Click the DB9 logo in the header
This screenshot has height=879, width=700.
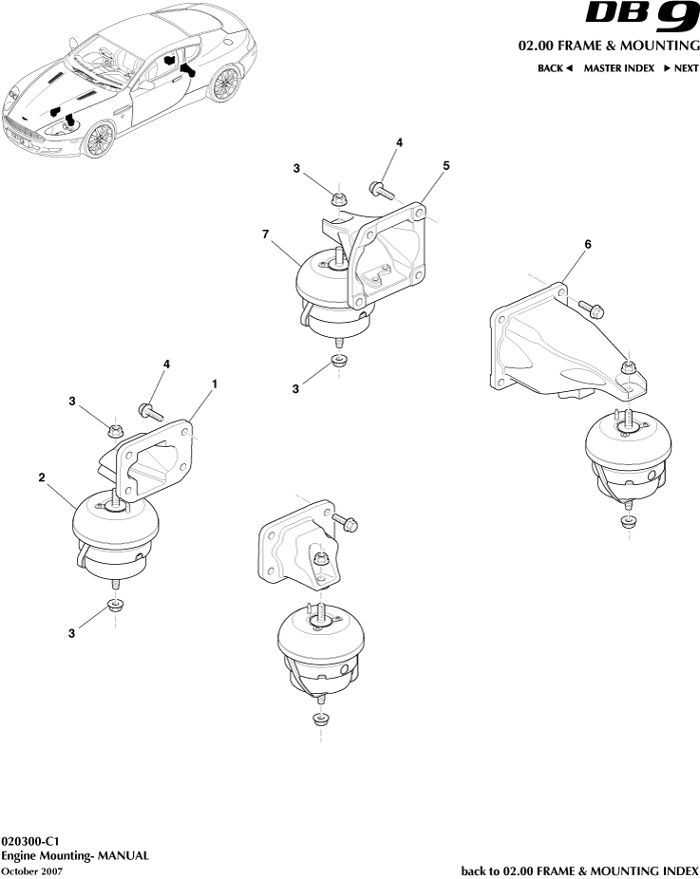pos(642,17)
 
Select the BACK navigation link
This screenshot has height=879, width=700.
pos(555,68)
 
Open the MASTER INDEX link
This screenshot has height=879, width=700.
pos(618,68)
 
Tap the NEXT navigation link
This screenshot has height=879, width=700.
pos(682,68)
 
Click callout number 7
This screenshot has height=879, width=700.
pos(266,234)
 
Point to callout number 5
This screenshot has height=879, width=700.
pos(445,165)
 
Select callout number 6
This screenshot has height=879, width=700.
pos(588,244)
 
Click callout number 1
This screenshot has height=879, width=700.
pos(215,384)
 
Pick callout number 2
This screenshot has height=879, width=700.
pos(42,477)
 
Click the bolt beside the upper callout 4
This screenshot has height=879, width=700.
pos(383,190)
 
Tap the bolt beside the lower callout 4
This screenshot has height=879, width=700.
pos(151,412)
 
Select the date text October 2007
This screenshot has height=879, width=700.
pos(31,870)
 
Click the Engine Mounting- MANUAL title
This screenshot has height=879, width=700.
pos(75,855)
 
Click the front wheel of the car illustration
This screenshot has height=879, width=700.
pos(99,140)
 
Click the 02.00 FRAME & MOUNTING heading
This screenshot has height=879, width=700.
pos(609,46)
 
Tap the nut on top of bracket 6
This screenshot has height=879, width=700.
pos(628,367)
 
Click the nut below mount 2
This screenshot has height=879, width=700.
pos(115,606)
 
